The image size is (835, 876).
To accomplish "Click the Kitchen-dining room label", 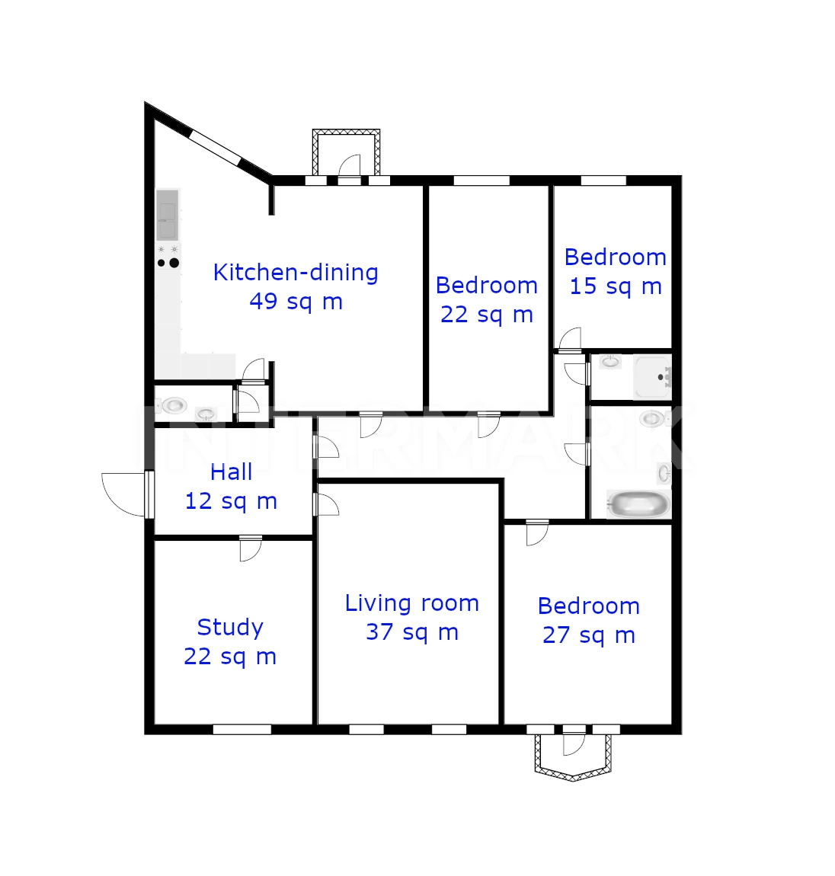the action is point(296,273).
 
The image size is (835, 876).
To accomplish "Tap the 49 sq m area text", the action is point(296,302).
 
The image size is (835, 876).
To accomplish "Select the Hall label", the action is point(232,472).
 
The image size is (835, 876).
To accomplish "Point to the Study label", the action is point(230,628).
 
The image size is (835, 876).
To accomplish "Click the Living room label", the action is point(412,603).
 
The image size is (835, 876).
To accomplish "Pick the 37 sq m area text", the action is point(412,632).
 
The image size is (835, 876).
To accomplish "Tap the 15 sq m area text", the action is point(616,286).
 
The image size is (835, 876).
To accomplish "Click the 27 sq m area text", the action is point(588,635).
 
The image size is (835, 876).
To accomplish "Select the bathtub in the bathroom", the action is point(638,504).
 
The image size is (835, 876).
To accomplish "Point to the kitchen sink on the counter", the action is point(167,215).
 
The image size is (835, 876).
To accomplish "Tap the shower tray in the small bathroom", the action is point(652,377).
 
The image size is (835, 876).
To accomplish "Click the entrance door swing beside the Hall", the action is point(124,494).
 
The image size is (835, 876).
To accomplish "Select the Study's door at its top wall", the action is point(251,548).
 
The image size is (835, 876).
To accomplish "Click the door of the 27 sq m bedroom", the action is point(537,532).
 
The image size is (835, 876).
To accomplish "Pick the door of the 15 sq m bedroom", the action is point(570,339).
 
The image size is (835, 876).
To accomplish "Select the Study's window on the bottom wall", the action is point(242,729).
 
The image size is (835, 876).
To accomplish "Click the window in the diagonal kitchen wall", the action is point(216,148).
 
